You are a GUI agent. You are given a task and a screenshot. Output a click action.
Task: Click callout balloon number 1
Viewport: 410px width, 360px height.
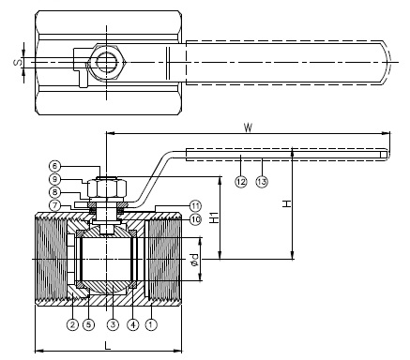click(151, 324)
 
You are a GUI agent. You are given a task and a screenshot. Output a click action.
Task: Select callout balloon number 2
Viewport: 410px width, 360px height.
click(72, 324)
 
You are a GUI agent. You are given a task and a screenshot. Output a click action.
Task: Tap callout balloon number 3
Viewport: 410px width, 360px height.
click(113, 324)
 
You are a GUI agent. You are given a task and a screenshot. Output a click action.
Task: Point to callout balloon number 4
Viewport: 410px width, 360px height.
click(133, 324)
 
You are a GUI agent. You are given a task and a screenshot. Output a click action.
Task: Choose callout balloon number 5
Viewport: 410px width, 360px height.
click(88, 324)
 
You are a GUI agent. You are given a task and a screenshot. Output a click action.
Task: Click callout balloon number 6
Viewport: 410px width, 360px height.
click(54, 166)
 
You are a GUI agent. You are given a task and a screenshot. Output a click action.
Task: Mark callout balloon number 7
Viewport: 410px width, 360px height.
click(54, 205)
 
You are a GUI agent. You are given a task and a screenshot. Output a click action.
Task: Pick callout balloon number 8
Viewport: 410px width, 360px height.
click(54, 192)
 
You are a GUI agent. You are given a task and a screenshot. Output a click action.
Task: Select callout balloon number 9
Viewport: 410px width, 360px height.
click(54, 179)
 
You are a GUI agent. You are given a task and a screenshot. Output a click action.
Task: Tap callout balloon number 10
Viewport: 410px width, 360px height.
click(195, 219)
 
